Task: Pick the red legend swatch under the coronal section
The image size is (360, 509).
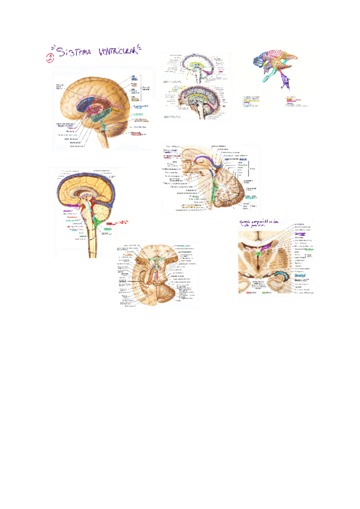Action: point(251,292)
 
